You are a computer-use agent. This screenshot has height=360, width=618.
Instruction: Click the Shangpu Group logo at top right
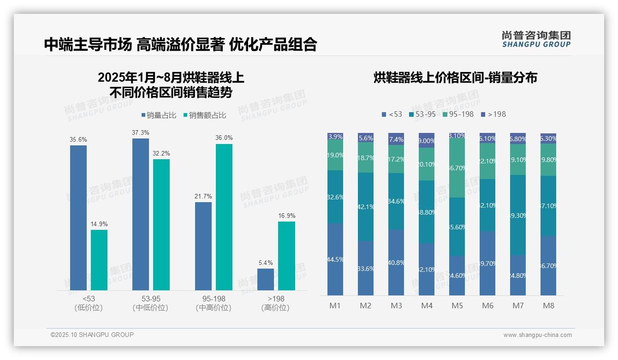click(536, 39)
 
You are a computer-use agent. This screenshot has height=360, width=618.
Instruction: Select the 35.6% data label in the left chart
click(78, 139)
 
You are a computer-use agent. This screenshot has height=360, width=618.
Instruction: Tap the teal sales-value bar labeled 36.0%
click(224, 217)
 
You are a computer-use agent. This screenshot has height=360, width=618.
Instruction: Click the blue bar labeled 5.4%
click(266, 279)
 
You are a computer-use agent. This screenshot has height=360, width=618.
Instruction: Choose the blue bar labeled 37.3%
click(141, 214)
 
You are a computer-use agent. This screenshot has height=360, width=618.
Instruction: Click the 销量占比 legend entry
click(159, 115)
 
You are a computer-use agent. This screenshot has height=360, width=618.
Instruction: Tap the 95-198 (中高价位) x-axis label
click(214, 303)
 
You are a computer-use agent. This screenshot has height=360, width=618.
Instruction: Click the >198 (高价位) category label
click(275, 303)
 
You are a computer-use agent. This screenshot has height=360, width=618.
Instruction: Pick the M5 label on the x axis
click(457, 306)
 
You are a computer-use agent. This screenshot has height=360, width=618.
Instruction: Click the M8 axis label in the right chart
click(548, 306)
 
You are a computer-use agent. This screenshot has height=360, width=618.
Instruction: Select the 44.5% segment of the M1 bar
click(335, 259)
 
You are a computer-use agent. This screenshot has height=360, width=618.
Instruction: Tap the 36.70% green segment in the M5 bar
click(457, 168)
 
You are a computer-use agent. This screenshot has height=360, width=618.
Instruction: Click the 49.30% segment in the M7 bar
click(518, 215)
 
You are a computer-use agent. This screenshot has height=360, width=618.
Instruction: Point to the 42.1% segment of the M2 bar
click(366, 207)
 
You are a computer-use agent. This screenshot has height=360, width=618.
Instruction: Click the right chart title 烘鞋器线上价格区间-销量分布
click(455, 78)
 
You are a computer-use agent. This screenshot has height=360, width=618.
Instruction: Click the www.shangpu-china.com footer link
click(537, 335)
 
